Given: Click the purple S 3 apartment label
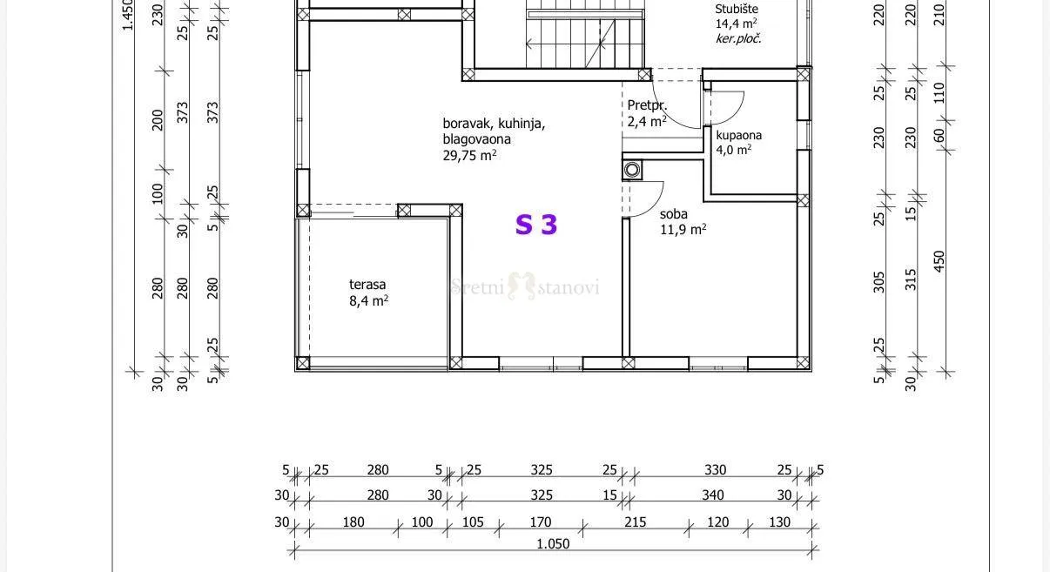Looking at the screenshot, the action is (536, 225).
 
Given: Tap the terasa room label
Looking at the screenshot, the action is (367, 284).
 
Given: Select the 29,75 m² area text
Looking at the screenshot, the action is (469, 155).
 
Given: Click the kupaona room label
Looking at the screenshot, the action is (739, 136).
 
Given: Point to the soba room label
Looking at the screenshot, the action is (674, 214).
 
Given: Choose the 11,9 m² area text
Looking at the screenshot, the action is (683, 230).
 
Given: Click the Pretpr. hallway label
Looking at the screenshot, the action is (647, 105).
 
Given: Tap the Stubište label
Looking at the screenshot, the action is (737, 9).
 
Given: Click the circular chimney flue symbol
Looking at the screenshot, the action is (632, 170).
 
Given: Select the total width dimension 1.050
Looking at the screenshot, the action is (553, 544).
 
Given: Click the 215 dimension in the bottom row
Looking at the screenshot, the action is (636, 522).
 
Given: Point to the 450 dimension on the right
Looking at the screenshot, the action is (939, 261).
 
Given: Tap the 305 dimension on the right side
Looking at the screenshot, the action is (878, 282).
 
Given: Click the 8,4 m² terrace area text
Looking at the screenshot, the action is (368, 300).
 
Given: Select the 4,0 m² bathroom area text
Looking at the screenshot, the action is (734, 150).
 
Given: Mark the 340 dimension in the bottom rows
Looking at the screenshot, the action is (712, 495).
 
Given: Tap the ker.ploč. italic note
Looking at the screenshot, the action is (738, 39).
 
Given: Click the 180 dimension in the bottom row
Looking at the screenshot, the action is (353, 522).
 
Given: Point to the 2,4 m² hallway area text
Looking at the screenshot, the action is (647, 121).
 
